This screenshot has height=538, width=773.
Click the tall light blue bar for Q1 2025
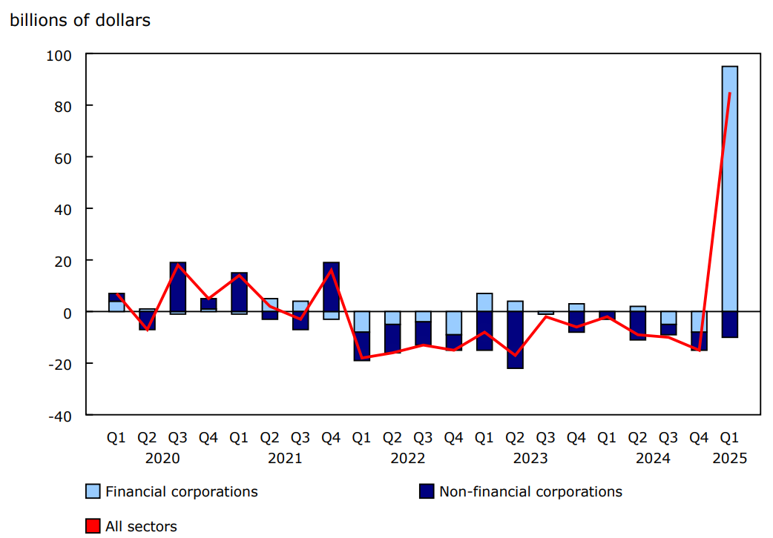(x=729, y=189)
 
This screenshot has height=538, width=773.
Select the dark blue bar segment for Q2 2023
(x=515, y=339)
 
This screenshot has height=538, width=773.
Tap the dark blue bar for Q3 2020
(x=177, y=287)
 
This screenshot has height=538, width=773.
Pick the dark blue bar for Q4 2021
(x=331, y=287)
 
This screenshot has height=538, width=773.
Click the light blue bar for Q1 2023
(x=484, y=302)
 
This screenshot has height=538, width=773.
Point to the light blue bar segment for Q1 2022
(x=361, y=322)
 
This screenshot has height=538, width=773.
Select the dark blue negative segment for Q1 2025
(x=729, y=324)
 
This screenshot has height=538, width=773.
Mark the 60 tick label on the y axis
(x=63, y=158)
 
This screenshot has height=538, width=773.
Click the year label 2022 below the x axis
(x=407, y=459)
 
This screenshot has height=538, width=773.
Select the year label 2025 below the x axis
(x=729, y=459)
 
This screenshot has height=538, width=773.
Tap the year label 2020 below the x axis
(x=162, y=459)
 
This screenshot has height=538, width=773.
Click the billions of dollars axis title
(x=80, y=21)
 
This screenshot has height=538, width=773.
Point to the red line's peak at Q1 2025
(x=730, y=93)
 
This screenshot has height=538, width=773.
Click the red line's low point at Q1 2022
(x=361, y=358)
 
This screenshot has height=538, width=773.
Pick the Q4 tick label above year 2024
(x=699, y=438)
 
